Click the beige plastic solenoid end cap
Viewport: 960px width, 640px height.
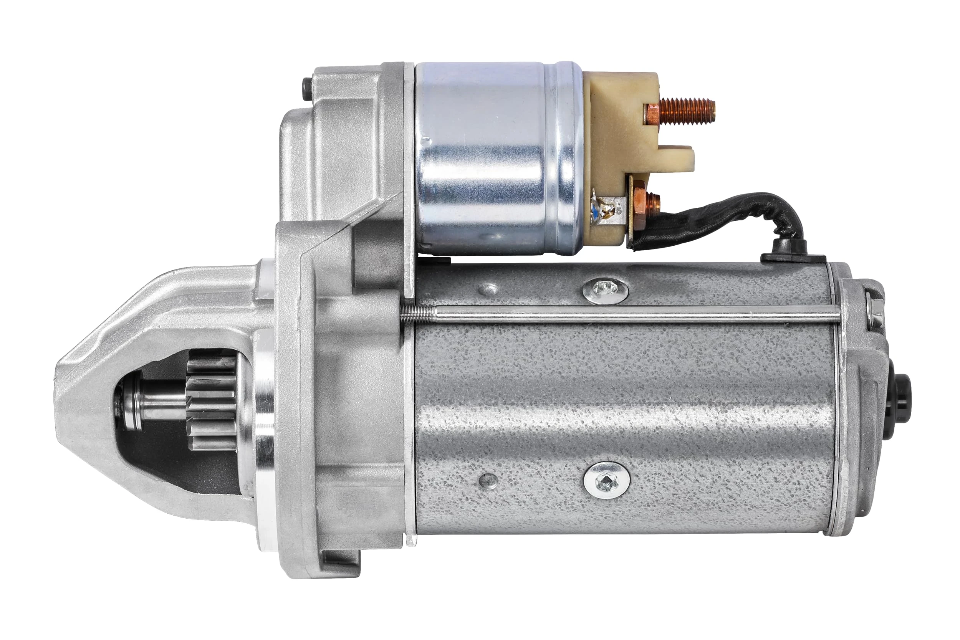tap(612, 135)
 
